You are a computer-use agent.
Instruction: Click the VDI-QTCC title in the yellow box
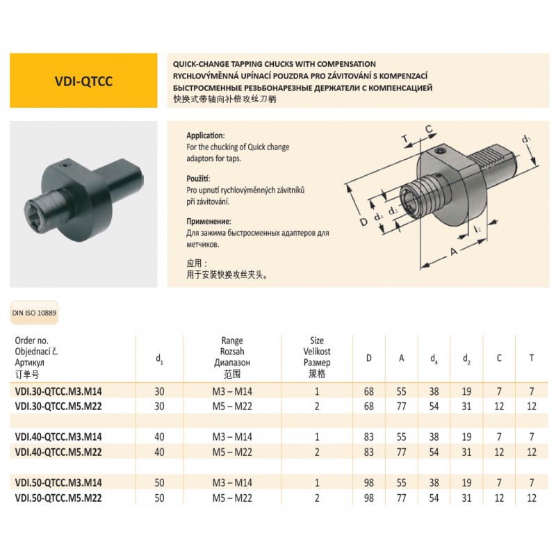(84, 80)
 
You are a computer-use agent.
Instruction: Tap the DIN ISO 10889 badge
(35, 313)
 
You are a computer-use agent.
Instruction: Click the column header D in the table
(369, 359)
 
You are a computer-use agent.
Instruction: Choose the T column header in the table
(532, 359)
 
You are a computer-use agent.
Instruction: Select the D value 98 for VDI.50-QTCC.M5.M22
(369, 498)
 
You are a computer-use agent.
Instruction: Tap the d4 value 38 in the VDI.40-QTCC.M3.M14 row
(434, 438)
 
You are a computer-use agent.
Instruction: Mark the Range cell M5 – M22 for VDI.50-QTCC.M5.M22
(231, 498)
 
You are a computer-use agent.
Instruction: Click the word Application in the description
(206, 136)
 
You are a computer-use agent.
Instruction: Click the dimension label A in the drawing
(454, 252)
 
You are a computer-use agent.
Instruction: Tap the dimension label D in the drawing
(363, 222)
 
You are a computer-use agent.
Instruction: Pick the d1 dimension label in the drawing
(527, 138)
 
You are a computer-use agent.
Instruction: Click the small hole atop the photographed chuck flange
(64, 165)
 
